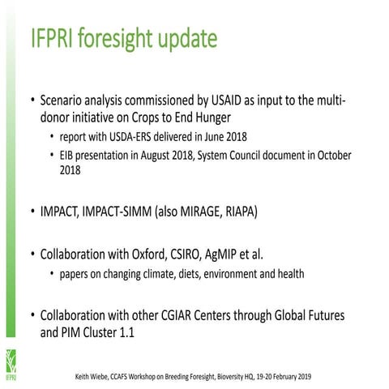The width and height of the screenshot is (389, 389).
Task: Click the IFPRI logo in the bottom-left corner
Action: point(10,361)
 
